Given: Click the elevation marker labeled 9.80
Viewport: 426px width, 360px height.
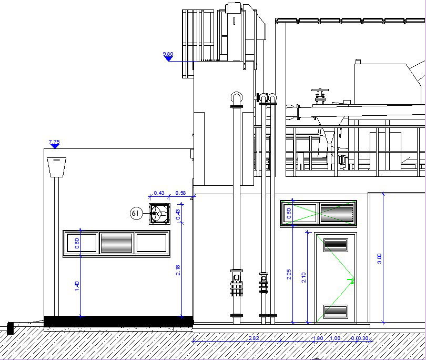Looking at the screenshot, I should click(x=168, y=57).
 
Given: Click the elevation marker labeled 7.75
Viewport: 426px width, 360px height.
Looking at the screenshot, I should click(x=54, y=145).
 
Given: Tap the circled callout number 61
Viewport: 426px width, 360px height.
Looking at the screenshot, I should click(x=136, y=213).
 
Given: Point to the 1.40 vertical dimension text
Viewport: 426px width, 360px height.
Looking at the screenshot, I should click(x=77, y=287).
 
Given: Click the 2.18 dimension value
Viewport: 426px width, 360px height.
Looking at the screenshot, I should click(x=178, y=270).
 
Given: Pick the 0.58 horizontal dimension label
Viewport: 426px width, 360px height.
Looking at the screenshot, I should click(x=180, y=193).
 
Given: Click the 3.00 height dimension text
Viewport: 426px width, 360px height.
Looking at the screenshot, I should click(x=380, y=258).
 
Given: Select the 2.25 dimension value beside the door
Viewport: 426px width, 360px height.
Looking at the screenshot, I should click(x=289, y=275).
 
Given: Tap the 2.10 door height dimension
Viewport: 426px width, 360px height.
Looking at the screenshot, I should click(x=303, y=277).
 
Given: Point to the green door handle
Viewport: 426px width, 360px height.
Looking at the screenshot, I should click(x=351, y=279).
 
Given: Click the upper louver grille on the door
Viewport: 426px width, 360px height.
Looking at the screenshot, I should click(x=336, y=245).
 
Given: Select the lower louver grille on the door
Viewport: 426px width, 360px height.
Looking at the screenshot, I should click(x=336, y=312).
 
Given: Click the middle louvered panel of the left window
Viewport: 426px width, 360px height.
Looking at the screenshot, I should click(x=116, y=243).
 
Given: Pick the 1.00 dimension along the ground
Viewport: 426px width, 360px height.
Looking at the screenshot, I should click(x=335, y=338).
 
